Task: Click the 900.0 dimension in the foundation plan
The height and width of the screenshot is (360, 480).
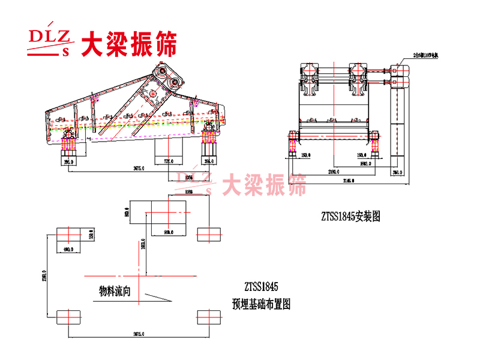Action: [x=169, y=232]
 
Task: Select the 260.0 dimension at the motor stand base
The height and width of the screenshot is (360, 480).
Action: [x=396, y=173]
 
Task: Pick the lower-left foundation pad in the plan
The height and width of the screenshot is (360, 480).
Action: [x=69, y=316]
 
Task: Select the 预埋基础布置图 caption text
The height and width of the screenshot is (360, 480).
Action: [x=261, y=304]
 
